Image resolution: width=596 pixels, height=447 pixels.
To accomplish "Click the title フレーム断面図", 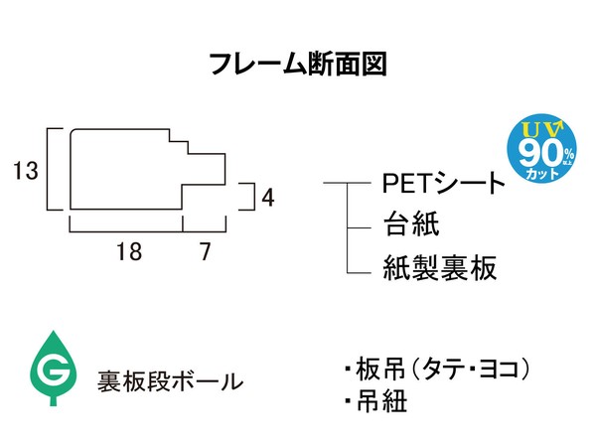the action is click(x=298, y=64).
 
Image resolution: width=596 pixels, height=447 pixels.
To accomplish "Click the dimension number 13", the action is click(x=26, y=170).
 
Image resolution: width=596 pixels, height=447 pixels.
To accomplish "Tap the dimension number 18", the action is click(x=129, y=251).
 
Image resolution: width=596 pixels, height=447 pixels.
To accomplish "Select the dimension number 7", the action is click(x=206, y=251).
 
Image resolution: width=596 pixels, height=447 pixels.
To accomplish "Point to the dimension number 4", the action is click(x=268, y=198).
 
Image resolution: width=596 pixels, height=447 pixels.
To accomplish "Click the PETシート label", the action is click(x=443, y=183).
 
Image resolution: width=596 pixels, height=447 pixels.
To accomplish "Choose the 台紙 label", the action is click(x=411, y=223).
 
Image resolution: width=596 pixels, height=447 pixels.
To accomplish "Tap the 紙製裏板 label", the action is click(x=440, y=267).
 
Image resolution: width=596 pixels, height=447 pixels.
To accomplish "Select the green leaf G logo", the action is click(x=54, y=368).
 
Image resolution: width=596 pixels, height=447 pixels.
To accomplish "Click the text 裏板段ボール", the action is click(x=170, y=381).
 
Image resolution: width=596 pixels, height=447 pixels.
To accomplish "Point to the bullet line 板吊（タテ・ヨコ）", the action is click(x=437, y=369).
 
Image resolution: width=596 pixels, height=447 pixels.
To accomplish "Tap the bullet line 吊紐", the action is click(x=376, y=400).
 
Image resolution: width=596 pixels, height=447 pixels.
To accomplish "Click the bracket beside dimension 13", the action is click(x=48, y=169).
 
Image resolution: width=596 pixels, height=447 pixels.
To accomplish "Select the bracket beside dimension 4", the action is click(x=253, y=196).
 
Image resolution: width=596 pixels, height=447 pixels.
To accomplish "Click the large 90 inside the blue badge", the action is click(x=541, y=153).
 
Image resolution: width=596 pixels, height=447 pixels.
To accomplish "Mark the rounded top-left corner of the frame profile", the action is click(x=73, y=131).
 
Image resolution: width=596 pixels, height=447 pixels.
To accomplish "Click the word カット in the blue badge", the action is click(x=542, y=174).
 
